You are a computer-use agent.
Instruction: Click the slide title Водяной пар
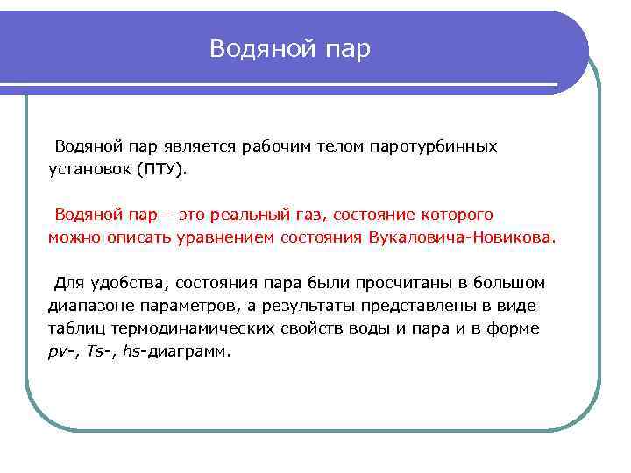pos(290,49)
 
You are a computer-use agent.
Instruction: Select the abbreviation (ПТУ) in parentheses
pos(160,169)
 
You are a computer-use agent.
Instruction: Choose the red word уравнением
pos(231,237)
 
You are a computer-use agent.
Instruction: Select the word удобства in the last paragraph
pos(128,283)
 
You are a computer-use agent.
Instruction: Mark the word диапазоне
pos(89,306)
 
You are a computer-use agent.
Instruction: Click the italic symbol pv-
pos(62,352)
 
